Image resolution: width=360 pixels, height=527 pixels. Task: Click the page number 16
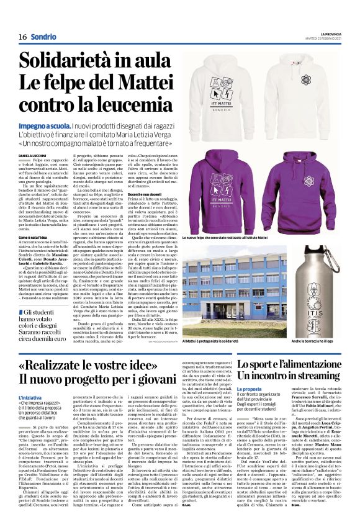[22, 36]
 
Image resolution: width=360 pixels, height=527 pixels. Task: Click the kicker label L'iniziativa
[30, 397]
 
